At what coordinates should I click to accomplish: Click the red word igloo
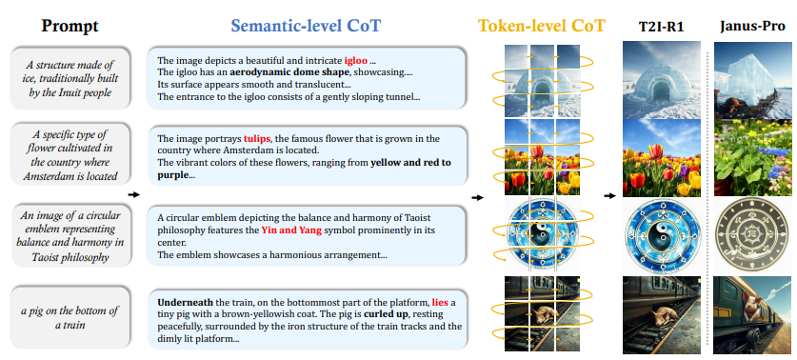coord(355,61)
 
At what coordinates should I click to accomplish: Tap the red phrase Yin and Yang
coord(291,230)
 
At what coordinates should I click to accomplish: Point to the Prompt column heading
coord(70,25)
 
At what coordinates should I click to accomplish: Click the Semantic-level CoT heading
coord(306,26)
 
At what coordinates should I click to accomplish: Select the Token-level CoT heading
coord(542,26)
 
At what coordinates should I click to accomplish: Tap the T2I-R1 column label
coord(661,27)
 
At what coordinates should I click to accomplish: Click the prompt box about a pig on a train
coord(70,317)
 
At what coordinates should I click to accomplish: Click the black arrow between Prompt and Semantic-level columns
coord(133,194)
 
